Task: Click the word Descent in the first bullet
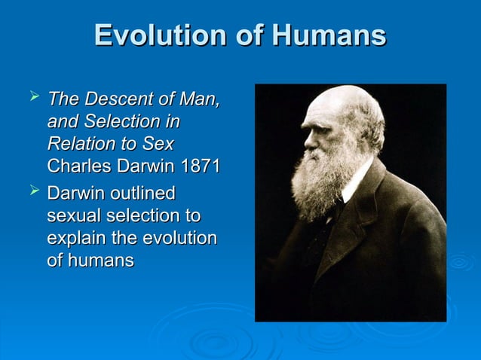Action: click(115, 99)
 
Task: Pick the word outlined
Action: click(144, 194)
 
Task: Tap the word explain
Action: click(75, 239)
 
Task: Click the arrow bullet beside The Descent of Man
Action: click(32, 97)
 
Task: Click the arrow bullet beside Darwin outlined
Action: click(32, 192)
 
